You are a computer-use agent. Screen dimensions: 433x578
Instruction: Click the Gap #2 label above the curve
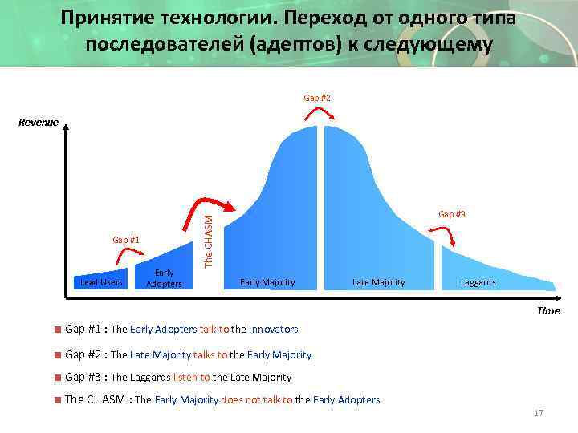(x=316, y=98)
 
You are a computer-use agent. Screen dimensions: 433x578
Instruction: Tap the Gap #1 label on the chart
(x=126, y=240)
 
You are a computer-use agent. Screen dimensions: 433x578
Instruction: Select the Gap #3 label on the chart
(x=451, y=214)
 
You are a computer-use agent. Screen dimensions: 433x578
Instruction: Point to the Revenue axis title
(x=39, y=123)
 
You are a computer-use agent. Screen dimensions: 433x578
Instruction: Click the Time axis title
(x=548, y=310)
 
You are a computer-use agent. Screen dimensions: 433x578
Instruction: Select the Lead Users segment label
(x=102, y=282)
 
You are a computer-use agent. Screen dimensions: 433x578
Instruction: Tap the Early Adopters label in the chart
(x=164, y=278)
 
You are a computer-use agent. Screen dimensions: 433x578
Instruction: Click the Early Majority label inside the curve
(x=267, y=282)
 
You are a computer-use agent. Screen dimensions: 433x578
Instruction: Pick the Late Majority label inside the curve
(x=378, y=282)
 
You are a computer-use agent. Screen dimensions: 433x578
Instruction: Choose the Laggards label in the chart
(x=478, y=282)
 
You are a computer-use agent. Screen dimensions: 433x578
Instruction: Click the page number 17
(x=538, y=413)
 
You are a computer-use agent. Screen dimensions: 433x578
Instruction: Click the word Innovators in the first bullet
(x=273, y=330)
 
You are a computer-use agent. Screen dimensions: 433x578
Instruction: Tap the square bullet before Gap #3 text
(x=58, y=377)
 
